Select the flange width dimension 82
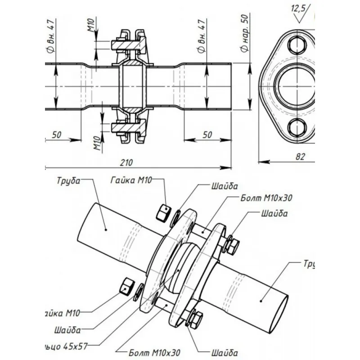(x=301, y=156)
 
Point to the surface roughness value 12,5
(x=298, y=8)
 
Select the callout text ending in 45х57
(x=67, y=346)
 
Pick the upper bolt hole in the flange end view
(x=297, y=46)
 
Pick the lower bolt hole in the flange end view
(x=297, y=128)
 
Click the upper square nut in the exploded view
(x=163, y=212)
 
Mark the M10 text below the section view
(x=96, y=144)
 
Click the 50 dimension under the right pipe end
(x=207, y=134)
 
